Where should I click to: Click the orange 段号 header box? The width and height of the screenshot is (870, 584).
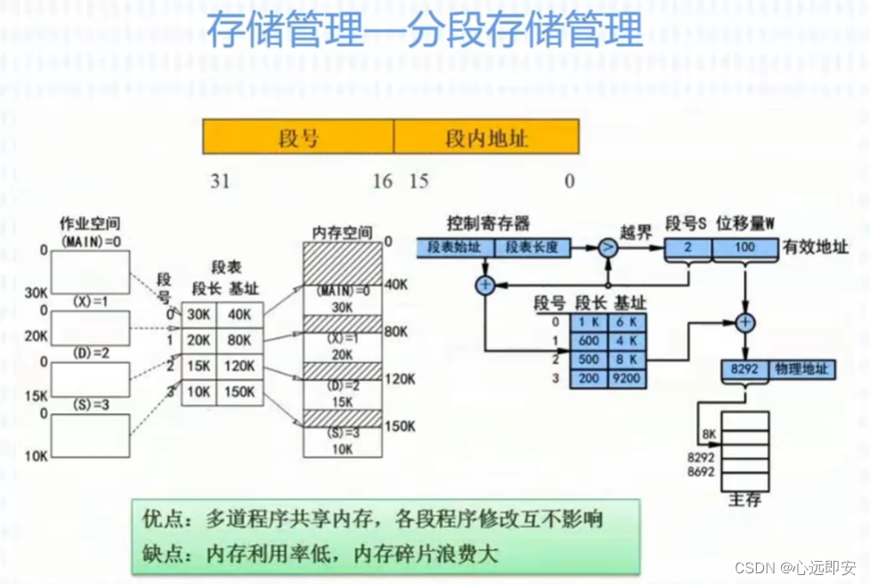click(298, 137)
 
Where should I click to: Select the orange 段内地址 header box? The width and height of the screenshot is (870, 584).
click(486, 137)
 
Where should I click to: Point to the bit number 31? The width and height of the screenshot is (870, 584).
click(220, 181)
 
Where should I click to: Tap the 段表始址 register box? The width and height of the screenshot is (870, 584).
click(454, 247)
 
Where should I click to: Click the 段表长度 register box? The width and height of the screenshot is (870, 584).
click(532, 247)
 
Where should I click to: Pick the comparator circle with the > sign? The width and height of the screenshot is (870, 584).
click(606, 248)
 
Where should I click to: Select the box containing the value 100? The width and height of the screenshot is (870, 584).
click(744, 249)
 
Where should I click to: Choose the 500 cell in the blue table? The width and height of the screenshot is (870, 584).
click(588, 361)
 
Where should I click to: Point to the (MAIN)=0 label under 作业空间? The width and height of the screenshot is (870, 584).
click(89, 241)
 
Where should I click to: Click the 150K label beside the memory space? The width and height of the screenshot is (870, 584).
click(399, 426)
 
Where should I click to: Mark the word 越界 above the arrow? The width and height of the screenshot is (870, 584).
click(635, 233)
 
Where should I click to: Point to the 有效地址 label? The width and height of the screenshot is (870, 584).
click(816, 248)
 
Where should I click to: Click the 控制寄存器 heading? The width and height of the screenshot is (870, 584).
click(489, 223)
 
